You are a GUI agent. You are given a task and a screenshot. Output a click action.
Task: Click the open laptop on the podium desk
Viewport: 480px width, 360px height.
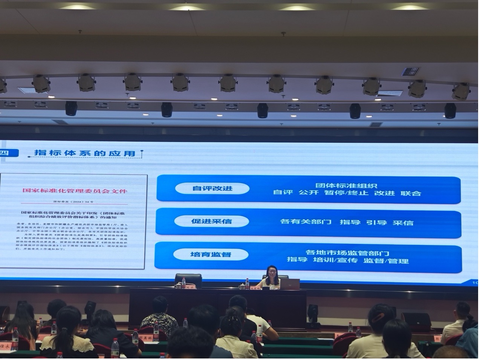(x=290, y=284)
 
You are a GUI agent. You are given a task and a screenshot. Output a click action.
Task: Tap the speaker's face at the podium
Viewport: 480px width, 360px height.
(x=272, y=272)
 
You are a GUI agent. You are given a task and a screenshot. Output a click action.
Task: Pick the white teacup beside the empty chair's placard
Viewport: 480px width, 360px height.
(x=178, y=286)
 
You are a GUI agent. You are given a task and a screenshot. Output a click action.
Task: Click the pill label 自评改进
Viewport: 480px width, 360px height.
(x=212, y=188)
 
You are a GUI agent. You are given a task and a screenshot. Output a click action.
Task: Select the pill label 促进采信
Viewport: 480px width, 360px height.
(x=211, y=221)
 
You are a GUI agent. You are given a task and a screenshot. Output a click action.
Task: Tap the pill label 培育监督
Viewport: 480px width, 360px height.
(x=211, y=254)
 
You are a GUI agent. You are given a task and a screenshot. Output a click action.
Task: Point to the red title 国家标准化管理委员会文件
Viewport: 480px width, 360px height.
(x=75, y=191)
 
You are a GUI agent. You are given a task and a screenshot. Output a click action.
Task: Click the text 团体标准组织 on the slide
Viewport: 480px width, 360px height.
(x=346, y=185)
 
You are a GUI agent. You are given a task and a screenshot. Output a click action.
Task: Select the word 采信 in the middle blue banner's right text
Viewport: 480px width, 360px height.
(x=403, y=223)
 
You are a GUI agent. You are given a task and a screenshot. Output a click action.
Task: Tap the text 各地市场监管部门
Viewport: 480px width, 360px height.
(x=347, y=253)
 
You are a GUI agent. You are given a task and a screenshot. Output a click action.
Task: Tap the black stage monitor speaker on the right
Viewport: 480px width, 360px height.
(x=416, y=321)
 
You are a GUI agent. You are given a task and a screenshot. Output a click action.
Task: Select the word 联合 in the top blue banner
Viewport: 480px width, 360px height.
(x=411, y=193)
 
